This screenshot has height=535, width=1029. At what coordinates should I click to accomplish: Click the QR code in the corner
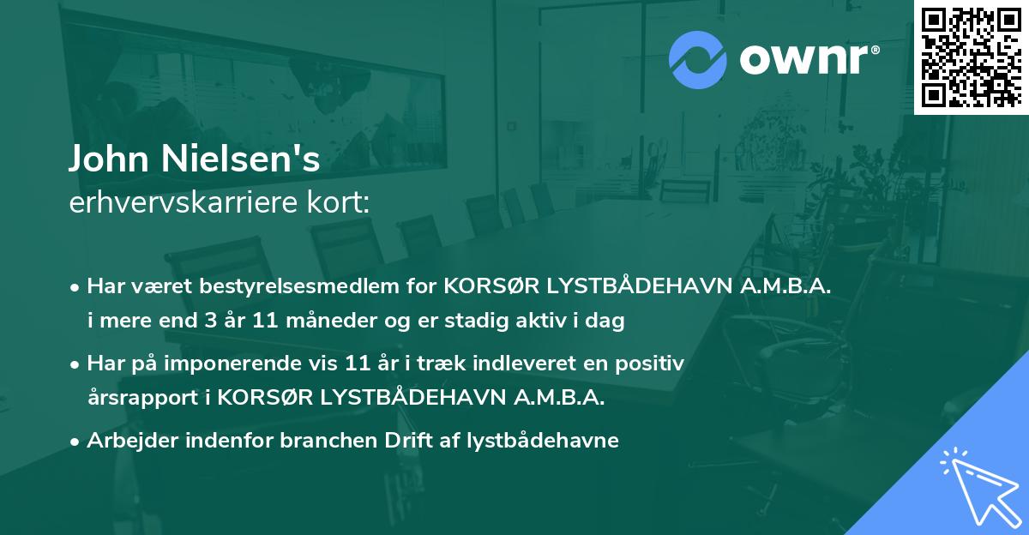coord(971,57)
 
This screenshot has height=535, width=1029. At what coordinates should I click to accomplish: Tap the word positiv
coord(652,364)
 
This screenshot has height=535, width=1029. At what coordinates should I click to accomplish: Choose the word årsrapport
coord(138,398)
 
